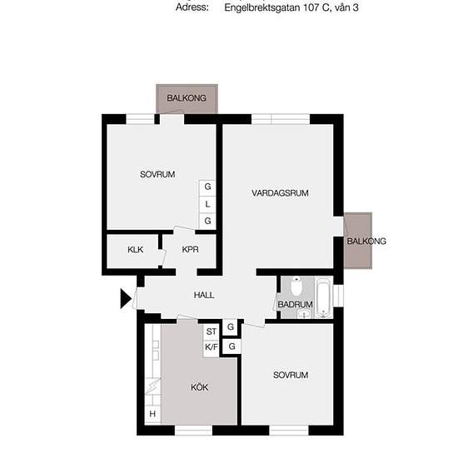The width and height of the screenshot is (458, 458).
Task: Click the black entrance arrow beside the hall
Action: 127,298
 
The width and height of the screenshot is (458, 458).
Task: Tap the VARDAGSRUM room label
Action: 281,193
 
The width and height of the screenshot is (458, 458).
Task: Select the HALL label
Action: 204,295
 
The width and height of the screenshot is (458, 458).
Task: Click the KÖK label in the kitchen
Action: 199,387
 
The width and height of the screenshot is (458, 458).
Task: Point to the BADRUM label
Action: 296,305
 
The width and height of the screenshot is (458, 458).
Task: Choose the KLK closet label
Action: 135,250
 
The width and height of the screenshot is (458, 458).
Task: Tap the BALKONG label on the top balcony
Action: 187,98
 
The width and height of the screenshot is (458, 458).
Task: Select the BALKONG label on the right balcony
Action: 366,241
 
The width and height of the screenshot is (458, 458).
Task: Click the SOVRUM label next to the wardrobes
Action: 157,175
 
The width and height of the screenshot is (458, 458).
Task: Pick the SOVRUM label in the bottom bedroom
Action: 291,376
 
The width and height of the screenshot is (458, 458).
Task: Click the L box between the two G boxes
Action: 207,204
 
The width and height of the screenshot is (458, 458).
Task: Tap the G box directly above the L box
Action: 207,187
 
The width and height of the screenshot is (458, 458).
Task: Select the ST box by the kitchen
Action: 212,331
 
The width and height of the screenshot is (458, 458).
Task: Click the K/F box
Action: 212,346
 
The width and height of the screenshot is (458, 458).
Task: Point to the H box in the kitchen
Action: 152,415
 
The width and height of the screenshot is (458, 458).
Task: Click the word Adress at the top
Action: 192,8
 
